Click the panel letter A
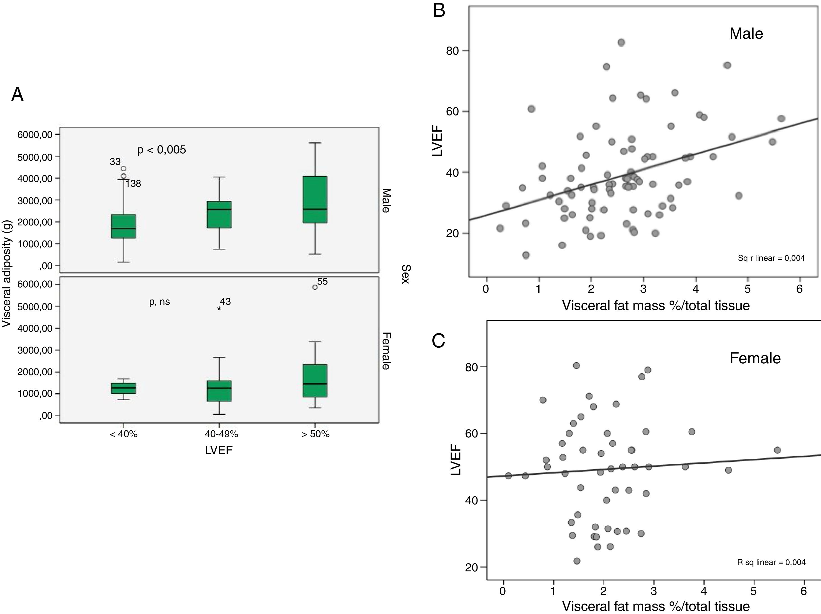tap(17, 95)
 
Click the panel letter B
tap(439, 11)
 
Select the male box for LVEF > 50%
tap(315, 199)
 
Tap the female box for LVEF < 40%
tap(124, 388)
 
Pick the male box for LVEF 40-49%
tap(219, 214)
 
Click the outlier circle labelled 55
tap(315, 287)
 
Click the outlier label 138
tap(133, 183)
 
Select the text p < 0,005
tap(162, 150)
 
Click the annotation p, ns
tap(160, 302)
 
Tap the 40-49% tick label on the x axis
tap(221, 434)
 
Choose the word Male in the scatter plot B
tap(746, 34)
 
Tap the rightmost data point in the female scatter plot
tap(777, 450)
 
